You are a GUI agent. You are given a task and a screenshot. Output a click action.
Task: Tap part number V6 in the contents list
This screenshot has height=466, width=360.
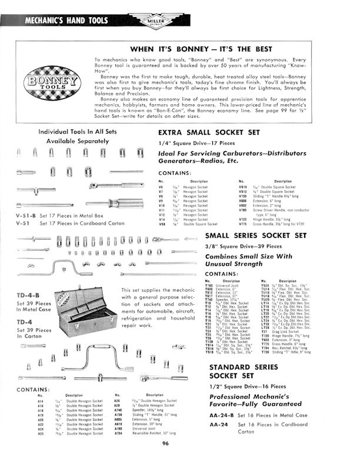coord(162,188)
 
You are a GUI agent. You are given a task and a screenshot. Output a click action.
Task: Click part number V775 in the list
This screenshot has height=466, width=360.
coord(243,224)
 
